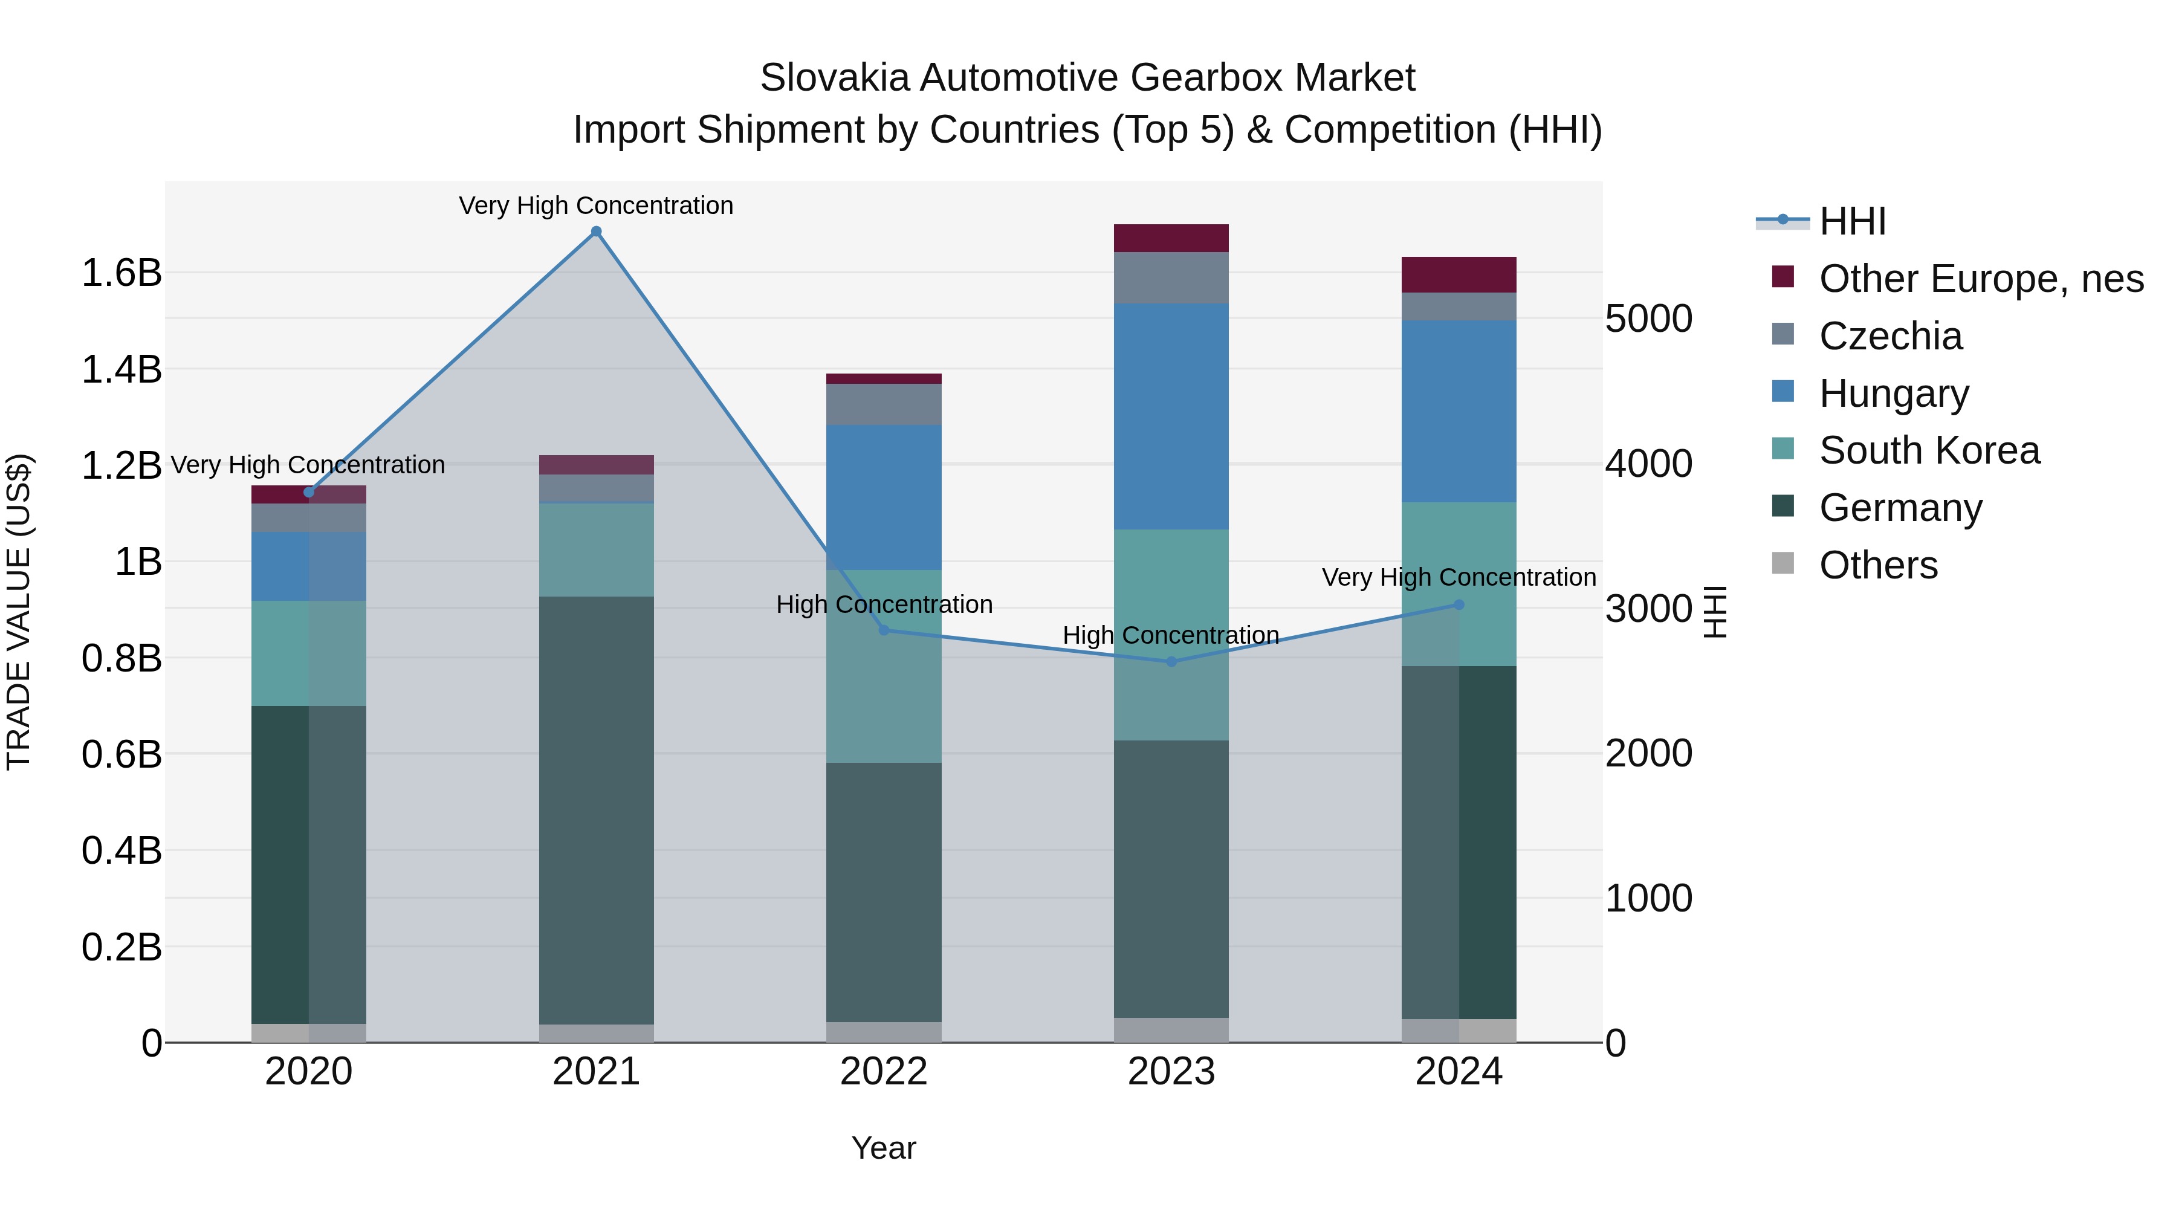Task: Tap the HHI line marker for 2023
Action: tap(1171, 661)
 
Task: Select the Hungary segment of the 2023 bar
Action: tap(1171, 416)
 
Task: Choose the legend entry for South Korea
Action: tap(1929, 450)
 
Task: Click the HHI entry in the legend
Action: tap(1851, 221)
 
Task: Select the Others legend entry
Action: tap(1878, 565)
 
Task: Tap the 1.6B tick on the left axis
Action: tap(121, 273)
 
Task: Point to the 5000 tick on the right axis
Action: tap(1648, 319)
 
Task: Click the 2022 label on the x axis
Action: tap(884, 1072)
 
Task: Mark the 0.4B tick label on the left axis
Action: tap(121, 850)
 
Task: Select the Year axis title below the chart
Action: tap(884, 1148)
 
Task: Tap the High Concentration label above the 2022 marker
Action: tap(884, 605)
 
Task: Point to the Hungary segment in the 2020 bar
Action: tap(308, 566)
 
